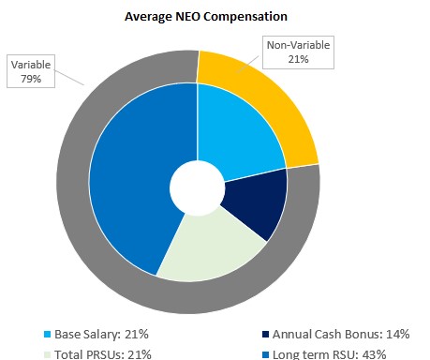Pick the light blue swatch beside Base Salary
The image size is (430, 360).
pyautogui.click(x=49, y=334)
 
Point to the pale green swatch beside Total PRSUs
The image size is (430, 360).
pyautogui.click(x=49, y=353)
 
